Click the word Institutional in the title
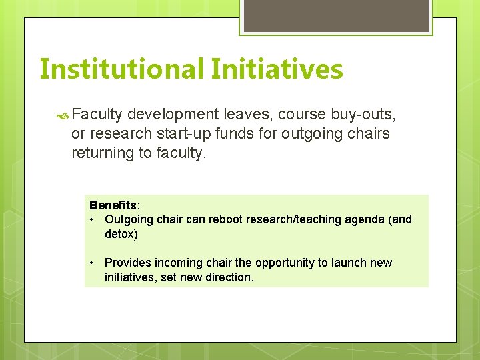point(121,69)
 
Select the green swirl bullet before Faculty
point(63,115)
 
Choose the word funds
point(231,133)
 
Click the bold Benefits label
point(113,205)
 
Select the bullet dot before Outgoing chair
point(93,219)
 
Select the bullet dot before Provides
point(93,263)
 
